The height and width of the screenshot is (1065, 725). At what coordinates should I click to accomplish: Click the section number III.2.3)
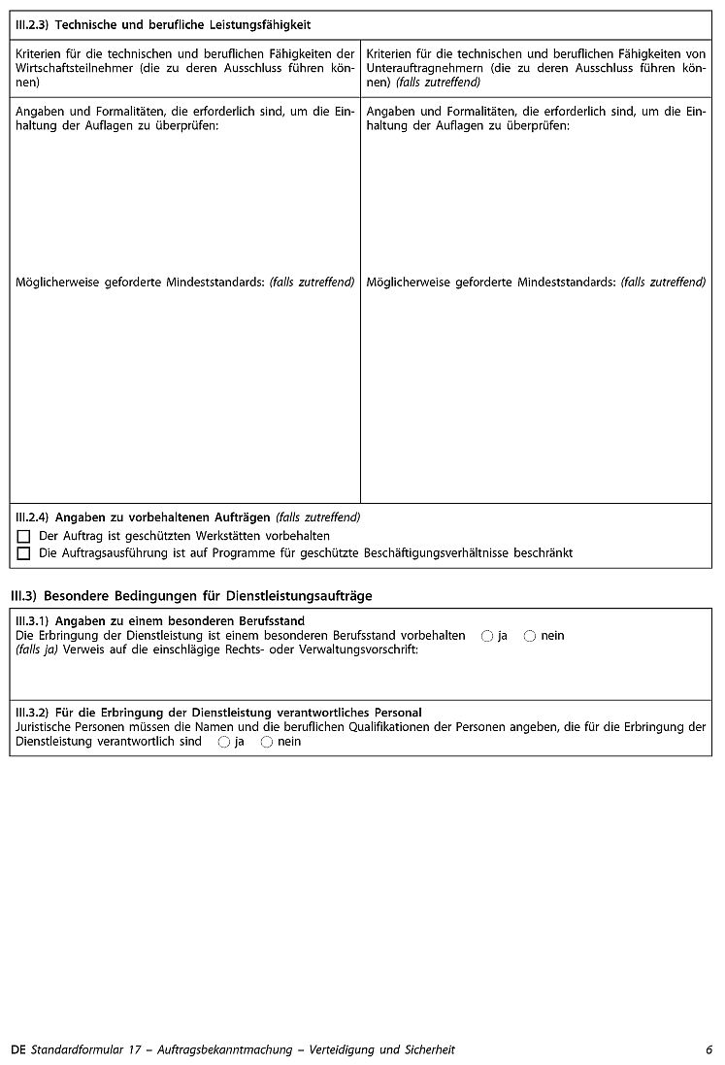(32, 24)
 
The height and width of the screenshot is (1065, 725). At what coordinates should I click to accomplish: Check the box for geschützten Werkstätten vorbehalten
(24, 536)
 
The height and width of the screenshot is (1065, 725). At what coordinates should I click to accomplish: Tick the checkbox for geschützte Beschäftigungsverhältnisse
(24, 553)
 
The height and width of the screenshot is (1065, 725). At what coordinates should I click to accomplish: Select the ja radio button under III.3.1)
(486, 636)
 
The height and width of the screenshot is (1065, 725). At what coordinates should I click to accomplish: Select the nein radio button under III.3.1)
(530, 636)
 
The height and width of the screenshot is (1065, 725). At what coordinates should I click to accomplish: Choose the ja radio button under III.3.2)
(224, 742)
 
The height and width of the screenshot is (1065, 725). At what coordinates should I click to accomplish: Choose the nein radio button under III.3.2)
(267, 742)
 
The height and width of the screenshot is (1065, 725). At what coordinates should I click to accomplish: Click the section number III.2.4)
(33, 517)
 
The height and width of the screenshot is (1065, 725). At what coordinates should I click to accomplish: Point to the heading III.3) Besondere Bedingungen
(190, 595)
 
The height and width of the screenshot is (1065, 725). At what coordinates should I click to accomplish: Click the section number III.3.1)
(33, 620)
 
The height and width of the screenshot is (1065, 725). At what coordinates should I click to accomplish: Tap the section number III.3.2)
(33, 713)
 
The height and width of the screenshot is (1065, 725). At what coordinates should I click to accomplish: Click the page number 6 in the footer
(709, 1049)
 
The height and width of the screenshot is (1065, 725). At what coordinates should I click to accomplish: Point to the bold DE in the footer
(18, 1049)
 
